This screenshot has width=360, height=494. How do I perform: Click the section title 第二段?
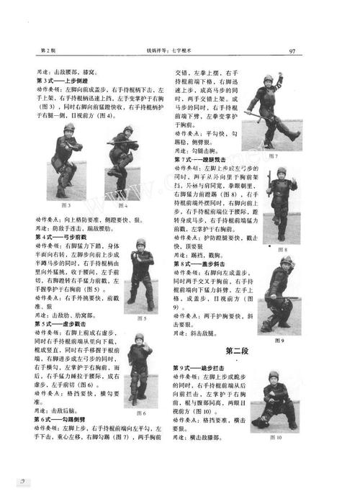238,351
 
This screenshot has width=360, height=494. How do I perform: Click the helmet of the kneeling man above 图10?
273,375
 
